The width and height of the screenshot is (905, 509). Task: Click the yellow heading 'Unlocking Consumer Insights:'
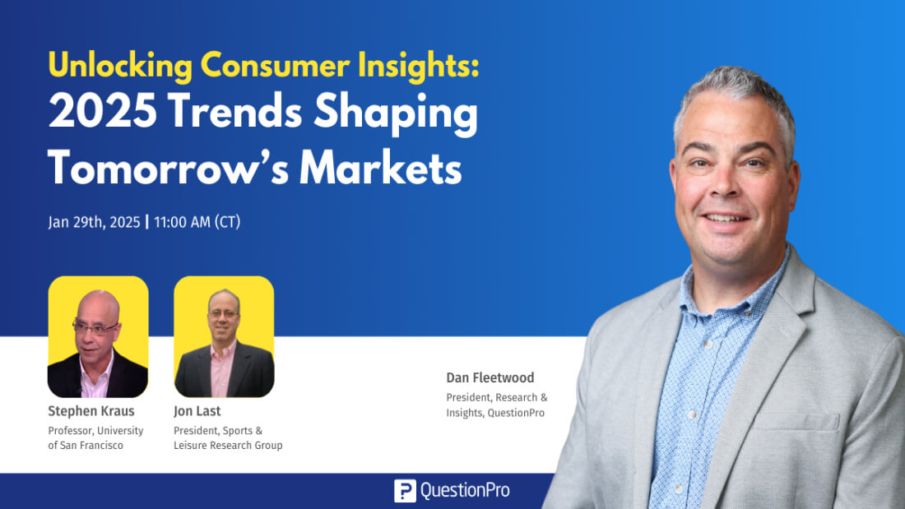[263, 66]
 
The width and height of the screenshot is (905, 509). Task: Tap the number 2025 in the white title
[100, 113]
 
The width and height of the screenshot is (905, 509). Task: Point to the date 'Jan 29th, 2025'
[93, 222]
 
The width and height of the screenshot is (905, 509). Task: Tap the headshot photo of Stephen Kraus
[98, 336]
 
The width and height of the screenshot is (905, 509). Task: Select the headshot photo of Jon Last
[224, 336]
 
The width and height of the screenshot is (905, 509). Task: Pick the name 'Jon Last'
[197, 411]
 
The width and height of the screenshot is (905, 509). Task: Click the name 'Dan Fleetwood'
[490, 378]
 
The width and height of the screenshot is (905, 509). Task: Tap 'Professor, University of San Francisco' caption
[95, 437]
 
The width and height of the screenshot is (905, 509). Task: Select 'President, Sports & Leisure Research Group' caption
[228, 437]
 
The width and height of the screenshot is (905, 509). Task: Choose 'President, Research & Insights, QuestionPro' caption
[497, 405]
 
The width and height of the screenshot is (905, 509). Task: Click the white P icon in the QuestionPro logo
[405, 491]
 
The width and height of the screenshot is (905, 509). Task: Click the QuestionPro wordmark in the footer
[465, 491]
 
